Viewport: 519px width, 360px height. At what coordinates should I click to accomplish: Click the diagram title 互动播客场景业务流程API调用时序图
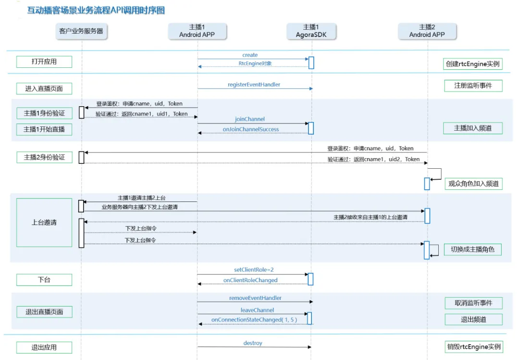(x=96, y=10)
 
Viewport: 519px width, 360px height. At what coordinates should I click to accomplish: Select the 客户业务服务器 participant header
(x=81, y=31)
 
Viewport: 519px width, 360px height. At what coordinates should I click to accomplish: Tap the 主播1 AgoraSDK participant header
(x=311, y=31)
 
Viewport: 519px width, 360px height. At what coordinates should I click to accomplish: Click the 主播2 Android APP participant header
(x=427, y=31)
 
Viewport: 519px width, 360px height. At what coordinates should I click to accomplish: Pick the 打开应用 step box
(x=44, y=62)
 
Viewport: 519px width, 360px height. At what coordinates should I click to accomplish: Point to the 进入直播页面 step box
(x=44, y=88)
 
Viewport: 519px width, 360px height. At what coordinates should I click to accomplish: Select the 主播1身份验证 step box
(x=44, y=113)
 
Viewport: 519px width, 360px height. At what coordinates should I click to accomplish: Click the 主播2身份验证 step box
(x=44, y=157)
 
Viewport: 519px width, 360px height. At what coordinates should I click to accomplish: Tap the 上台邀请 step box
(x=44, y=223)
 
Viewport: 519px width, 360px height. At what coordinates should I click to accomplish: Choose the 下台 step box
(x=44, y=280)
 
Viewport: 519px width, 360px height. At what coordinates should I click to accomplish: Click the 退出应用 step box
(x=44, y=348)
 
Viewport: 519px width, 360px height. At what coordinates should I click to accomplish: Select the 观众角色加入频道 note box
(x=473, y=184)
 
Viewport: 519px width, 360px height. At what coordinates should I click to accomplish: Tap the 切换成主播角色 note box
(x=472, y=249)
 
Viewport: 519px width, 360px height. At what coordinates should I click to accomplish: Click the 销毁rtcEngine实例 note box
(x=473, y=347)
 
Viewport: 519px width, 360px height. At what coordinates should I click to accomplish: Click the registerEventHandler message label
(x=254, y=85)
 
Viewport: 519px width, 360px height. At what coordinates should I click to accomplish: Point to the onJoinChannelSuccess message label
(x=251, y=129)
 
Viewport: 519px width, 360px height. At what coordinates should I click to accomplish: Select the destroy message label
(x=253, y=343)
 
